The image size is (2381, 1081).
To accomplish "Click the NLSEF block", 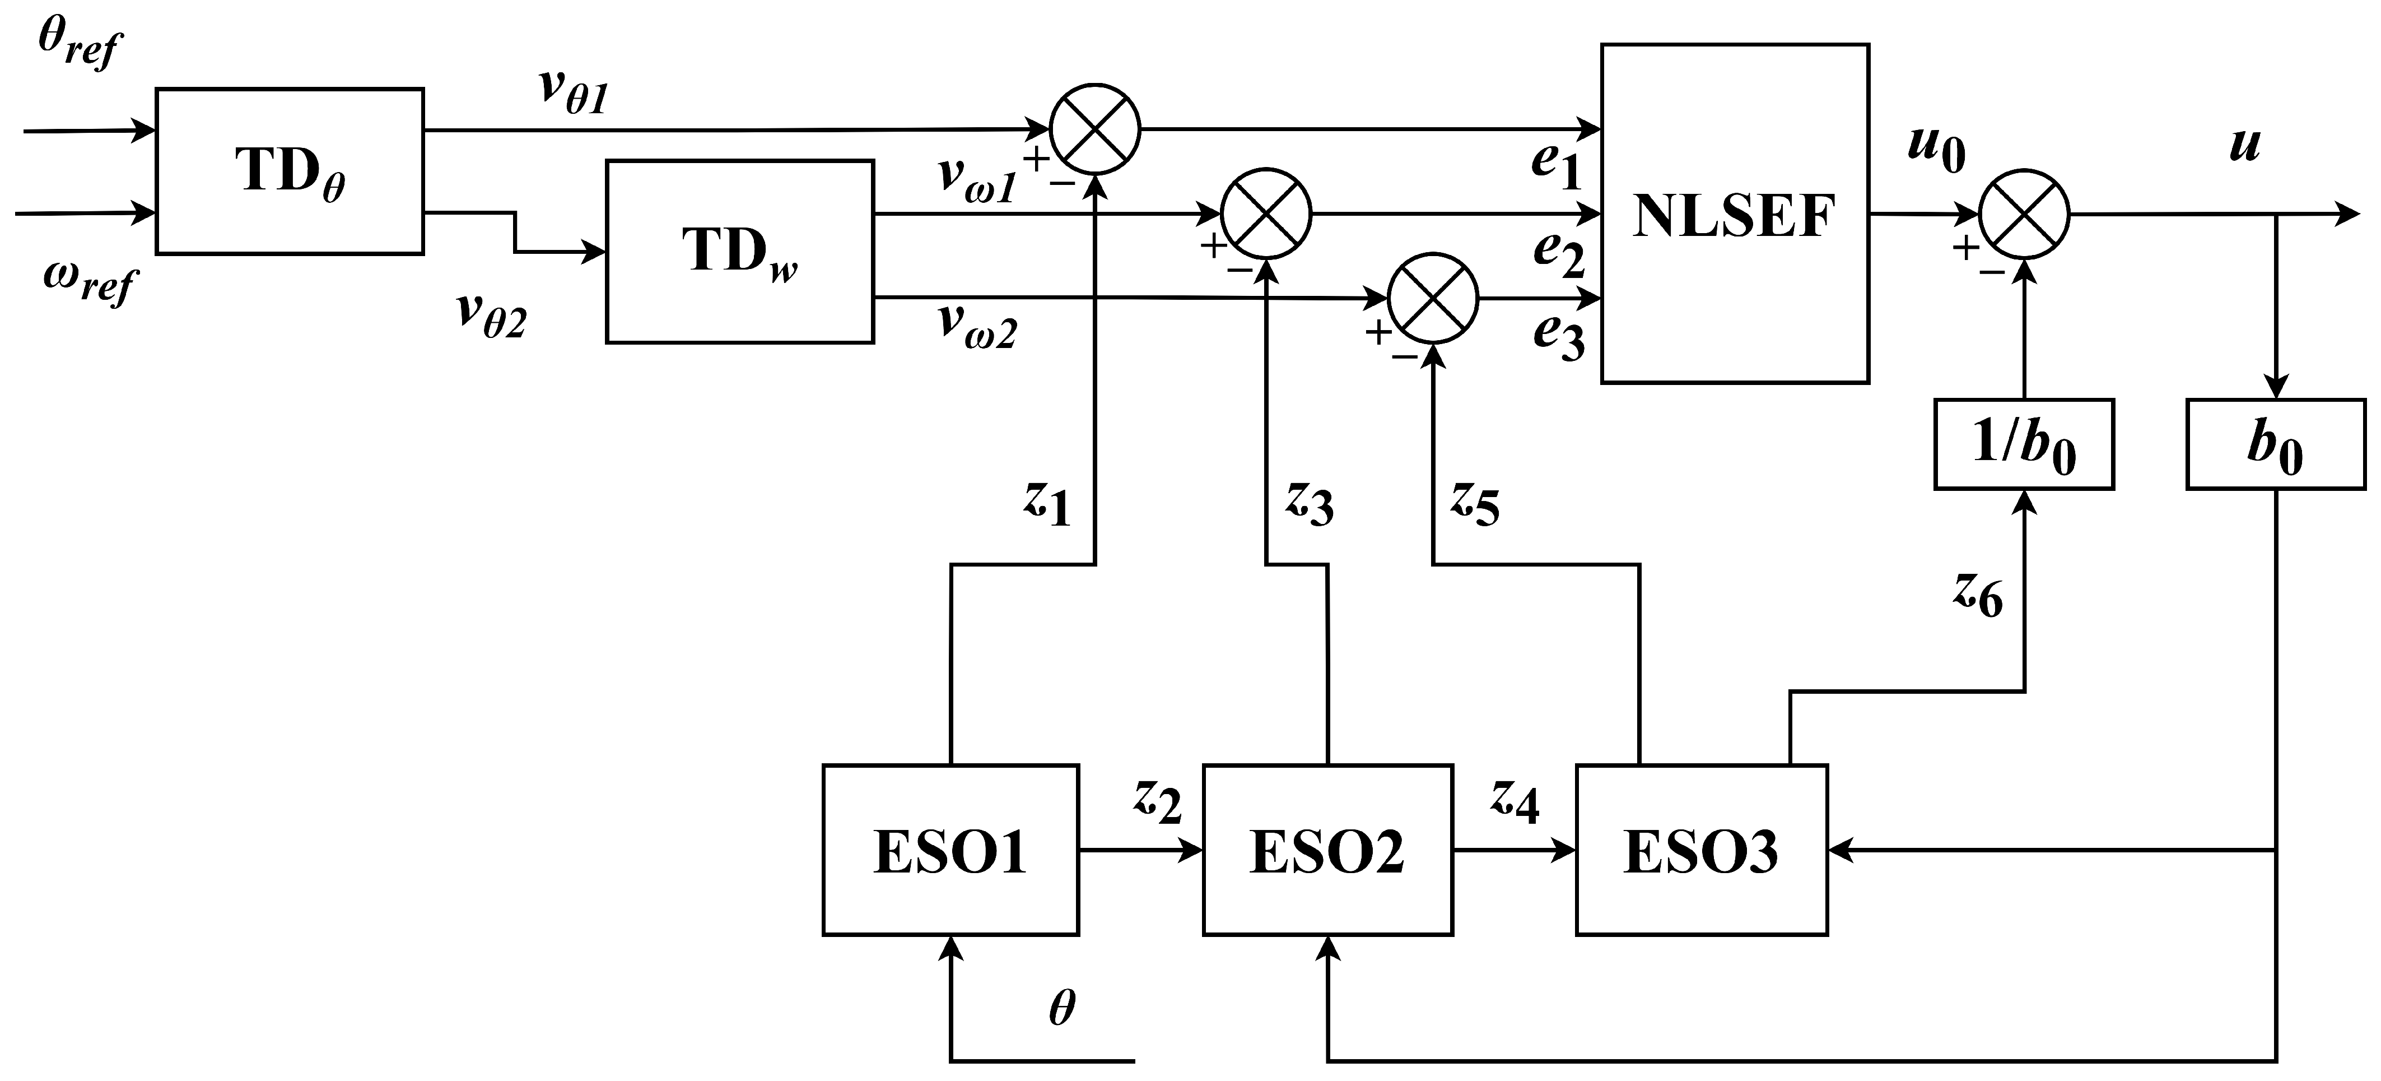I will point(1734,214).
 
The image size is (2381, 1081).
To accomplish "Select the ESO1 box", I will point(950,850).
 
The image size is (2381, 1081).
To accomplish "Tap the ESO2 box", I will point(1327,850).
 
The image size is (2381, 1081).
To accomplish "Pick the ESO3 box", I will point(1700,850).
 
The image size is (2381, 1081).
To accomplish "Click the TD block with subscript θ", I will point(290,171).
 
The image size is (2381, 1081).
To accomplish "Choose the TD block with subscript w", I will point(739,252).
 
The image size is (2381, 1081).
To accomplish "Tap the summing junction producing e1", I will point(1096,128).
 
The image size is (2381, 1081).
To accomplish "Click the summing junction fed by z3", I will point(1266,213).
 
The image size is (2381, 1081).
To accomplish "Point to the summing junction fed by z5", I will point(1433,298).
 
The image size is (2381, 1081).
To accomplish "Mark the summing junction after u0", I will point(2024,215).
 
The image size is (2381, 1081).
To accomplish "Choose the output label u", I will point(2245,143).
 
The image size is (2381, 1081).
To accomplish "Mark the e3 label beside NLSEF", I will point(1558,335).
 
